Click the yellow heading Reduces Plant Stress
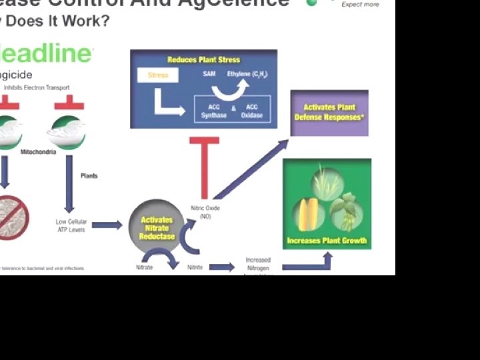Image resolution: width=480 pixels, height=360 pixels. (203, 60)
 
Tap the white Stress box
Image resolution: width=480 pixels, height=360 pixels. (157, 75)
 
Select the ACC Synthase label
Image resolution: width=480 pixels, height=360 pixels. (213, 111)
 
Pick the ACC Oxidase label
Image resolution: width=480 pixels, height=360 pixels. (252, 111)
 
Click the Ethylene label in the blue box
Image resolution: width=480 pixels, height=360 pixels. (247, 74)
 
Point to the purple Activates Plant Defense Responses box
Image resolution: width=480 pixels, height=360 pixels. (329, 113)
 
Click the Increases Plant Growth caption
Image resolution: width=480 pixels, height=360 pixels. (327, 241)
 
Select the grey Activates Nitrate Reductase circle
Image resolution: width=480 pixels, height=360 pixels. (157, 227)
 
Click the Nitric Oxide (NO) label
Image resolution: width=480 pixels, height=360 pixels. (205, 212)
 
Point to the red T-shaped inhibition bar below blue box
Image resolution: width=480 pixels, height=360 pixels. (204, 167)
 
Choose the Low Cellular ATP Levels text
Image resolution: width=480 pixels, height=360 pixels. (71, 225)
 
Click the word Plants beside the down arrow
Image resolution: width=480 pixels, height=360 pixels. (89, 176)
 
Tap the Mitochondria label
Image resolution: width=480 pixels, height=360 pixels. (38, 152)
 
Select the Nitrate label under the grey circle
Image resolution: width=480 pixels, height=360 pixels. (144, 267)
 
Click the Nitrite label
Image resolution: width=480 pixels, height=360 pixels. (195, 267)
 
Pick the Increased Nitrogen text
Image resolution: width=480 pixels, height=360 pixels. (258, 264)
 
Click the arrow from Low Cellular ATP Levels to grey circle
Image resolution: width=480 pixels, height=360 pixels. (107, 225)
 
